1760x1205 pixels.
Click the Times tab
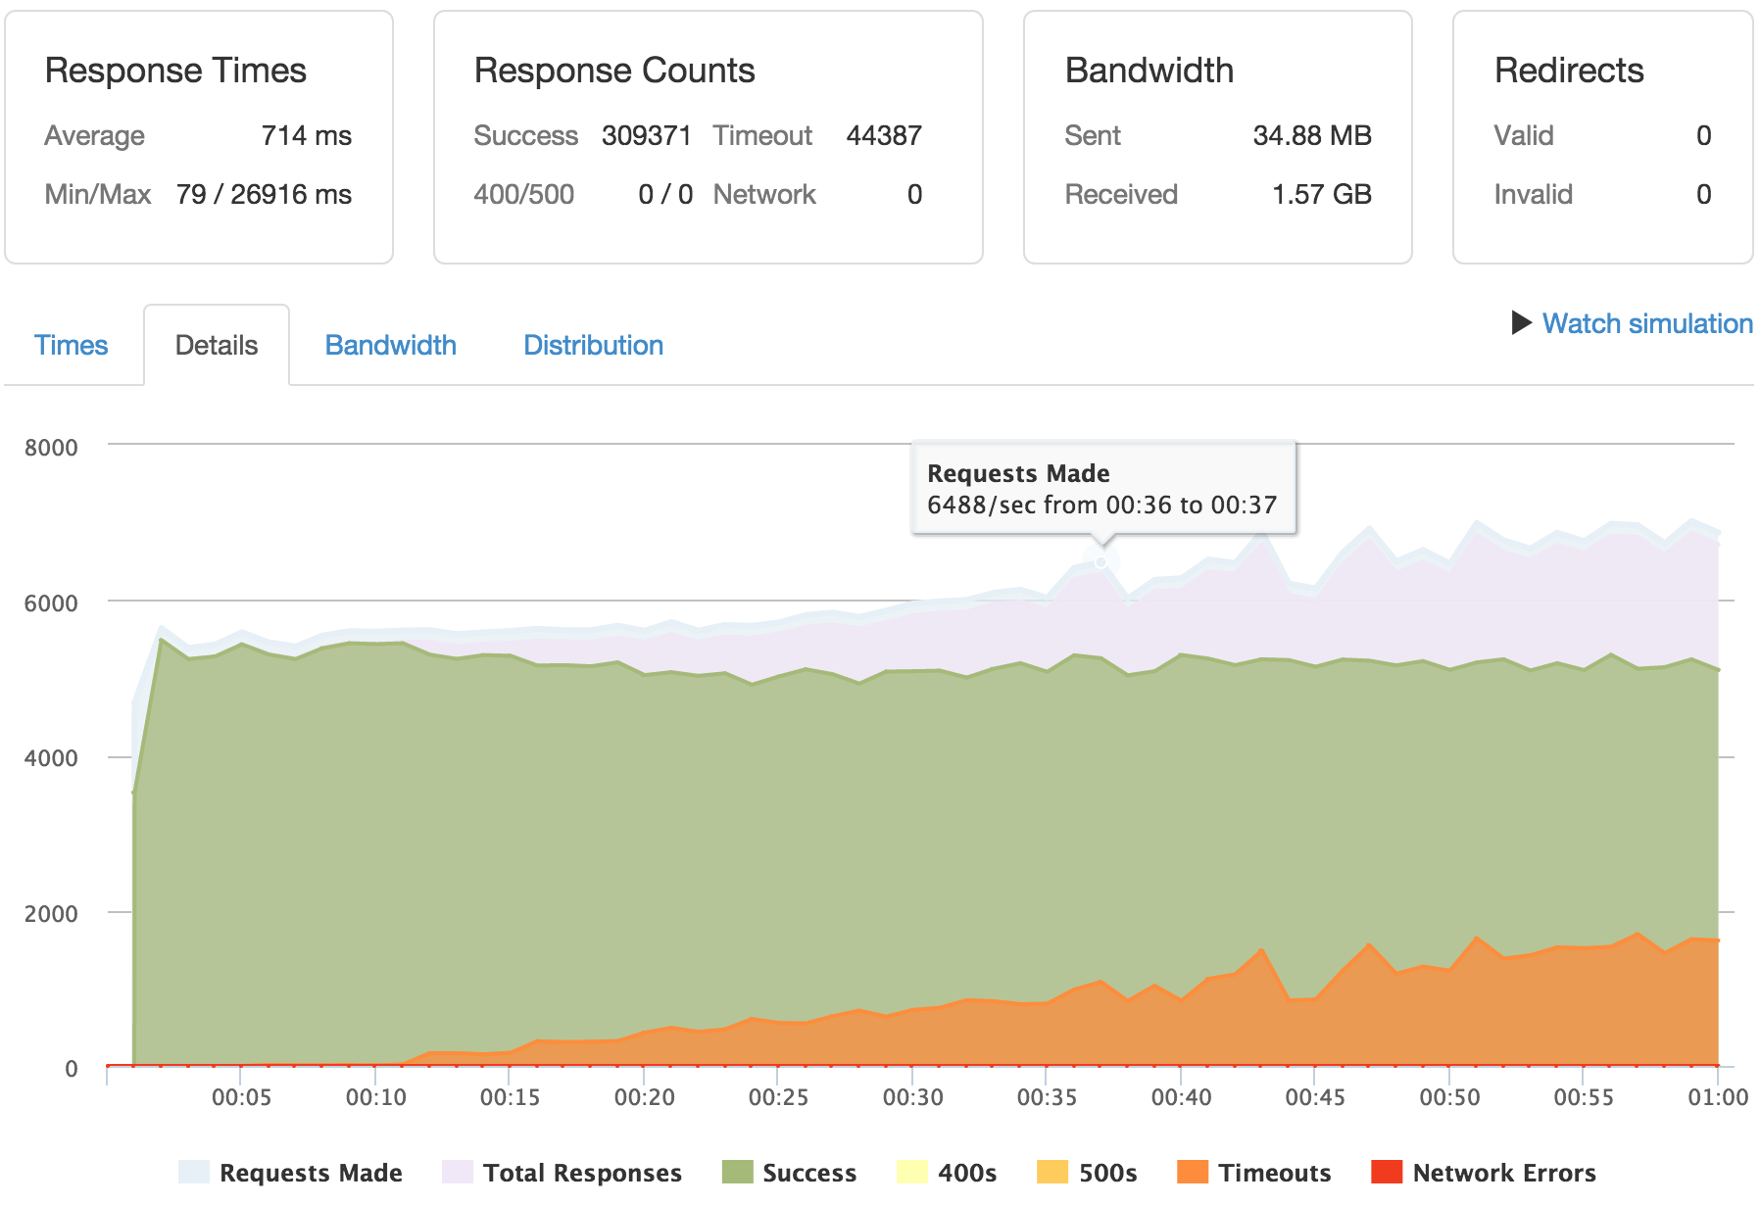point(71,345)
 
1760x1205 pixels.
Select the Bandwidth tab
point(390,345)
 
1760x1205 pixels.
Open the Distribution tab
point(593,345)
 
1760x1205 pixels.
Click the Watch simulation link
point(1646,323)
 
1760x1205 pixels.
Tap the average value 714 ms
point(306,135)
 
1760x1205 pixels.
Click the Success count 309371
point(646,135)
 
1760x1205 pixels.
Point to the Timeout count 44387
point(883,135)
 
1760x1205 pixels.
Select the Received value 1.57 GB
point(1321,194)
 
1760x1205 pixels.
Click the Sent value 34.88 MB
point(1311,135)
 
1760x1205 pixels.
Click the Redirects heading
point(1568,71)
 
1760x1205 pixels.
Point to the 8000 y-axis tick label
point(51,448)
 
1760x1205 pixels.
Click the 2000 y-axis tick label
point(51,913)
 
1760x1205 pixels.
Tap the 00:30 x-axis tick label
point(912,1097)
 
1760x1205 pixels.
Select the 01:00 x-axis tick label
point(1717,1097)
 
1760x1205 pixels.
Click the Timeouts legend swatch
point(1192,1172)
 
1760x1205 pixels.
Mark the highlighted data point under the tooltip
point(1101,562)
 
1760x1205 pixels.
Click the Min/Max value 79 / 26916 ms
point(264,194)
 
